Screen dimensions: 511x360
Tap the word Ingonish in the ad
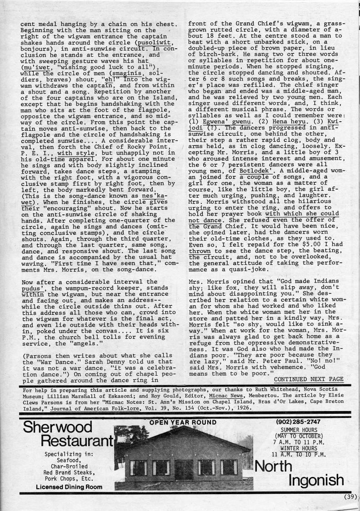[x=312, y=480]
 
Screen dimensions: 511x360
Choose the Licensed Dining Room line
[x=69, y=487]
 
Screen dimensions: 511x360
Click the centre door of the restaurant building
[x=184, y=469]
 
